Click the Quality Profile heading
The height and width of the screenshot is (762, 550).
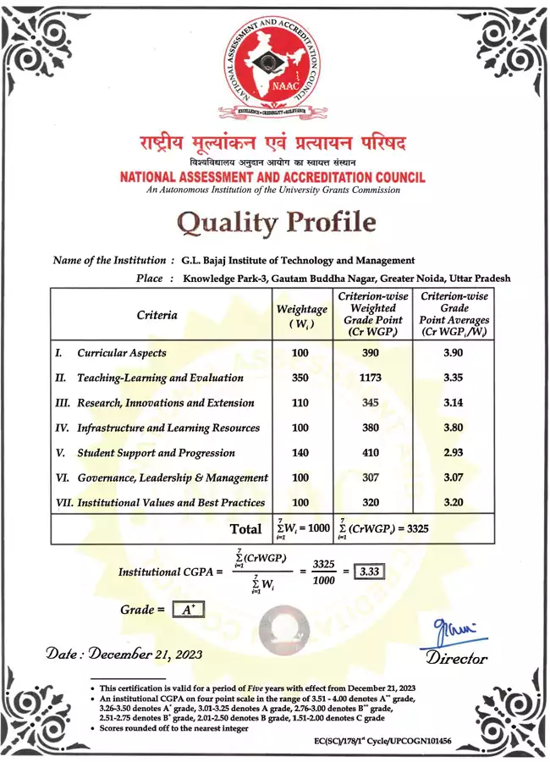(x=275, y=222)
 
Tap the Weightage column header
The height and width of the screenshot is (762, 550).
(x=302, y=316)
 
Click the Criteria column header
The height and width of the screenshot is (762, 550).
(x=157, y=315)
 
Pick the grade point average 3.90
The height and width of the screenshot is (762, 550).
(x=454, y=353)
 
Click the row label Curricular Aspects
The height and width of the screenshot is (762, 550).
(x=122, y=353)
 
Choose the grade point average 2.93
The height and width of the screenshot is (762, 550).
(x=454, y=453)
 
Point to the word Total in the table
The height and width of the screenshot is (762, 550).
(x=246, y=529)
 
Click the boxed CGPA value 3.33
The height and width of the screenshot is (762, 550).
(x=368, y=571)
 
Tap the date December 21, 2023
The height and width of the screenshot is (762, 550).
(x=124, y=654)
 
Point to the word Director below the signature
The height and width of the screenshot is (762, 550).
(x=457, y=658)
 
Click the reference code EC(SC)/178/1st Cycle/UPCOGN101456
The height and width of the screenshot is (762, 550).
(x=382, y=741)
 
